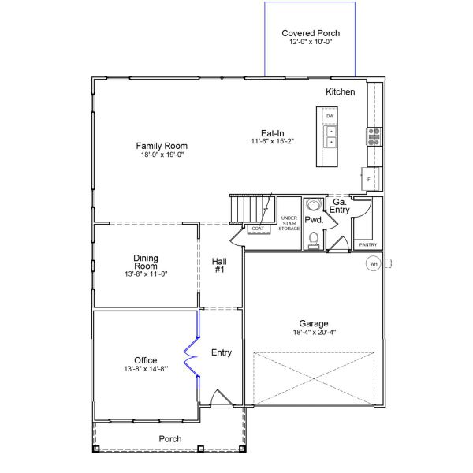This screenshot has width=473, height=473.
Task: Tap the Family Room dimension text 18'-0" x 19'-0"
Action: point(162,155)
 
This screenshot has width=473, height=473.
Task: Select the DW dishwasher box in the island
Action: point(330,117)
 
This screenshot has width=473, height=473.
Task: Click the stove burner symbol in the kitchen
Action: point(374,136)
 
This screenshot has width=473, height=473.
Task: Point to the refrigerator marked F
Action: point(368,179)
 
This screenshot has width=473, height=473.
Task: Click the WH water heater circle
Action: point(374,263)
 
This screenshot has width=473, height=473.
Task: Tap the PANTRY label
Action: point(368,244)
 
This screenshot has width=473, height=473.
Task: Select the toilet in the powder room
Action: point(314,238)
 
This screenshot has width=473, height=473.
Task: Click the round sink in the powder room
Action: point(313,205)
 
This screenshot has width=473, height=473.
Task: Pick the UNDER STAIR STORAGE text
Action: point(289,223)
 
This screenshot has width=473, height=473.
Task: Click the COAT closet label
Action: point(258,229)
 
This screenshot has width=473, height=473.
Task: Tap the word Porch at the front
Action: point(170,439)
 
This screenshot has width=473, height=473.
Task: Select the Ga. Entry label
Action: point(340,205)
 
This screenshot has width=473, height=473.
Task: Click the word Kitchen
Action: point(341,92)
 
